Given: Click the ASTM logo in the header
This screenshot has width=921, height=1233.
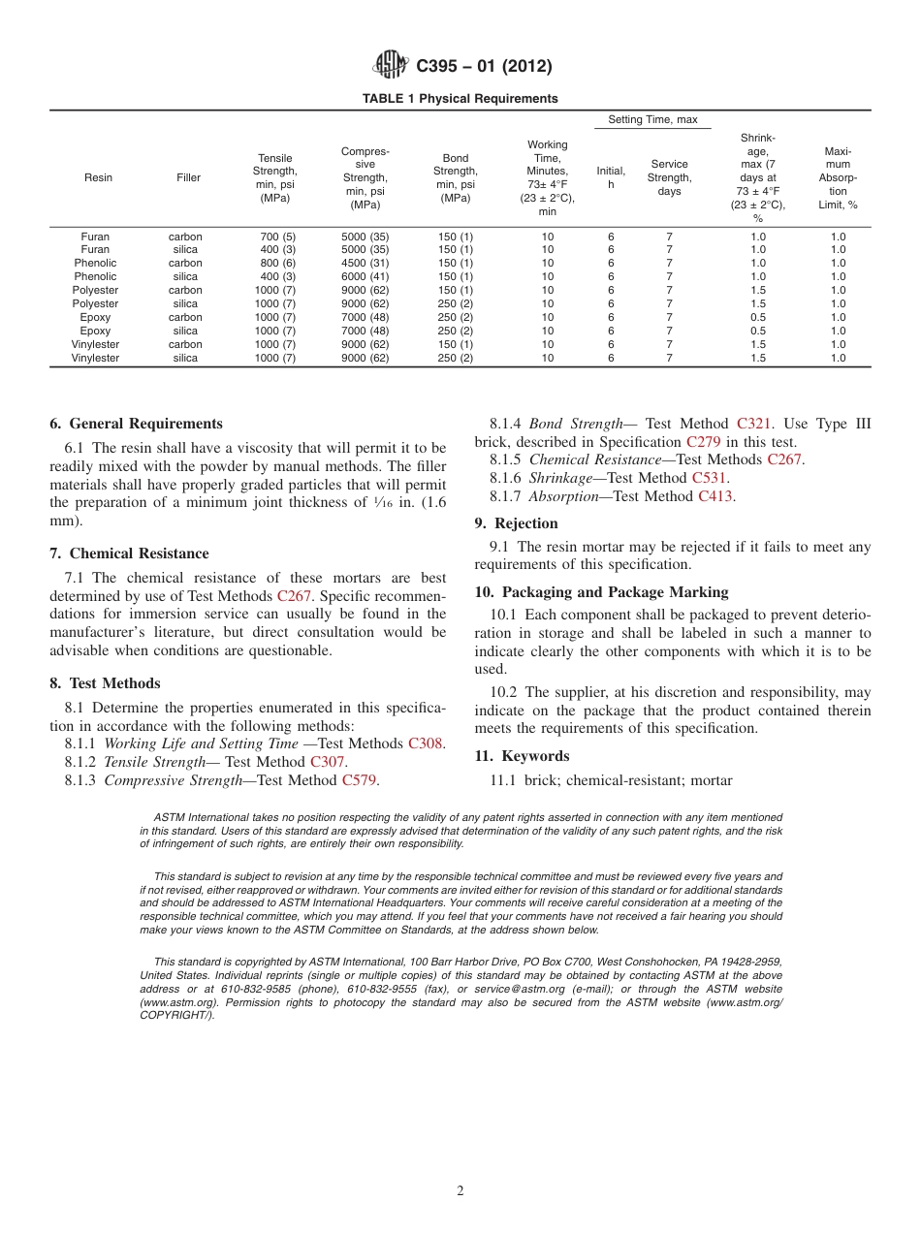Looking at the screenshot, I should (391, 66).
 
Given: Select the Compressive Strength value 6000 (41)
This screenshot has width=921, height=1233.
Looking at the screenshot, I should (365, 276).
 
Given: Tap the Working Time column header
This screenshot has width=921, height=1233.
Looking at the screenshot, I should (547, 178).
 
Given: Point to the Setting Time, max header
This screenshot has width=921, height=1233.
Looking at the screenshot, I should (652, 119).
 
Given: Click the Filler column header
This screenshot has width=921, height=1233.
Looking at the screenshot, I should (188, 178).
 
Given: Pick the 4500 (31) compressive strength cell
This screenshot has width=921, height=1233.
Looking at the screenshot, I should (365, 263).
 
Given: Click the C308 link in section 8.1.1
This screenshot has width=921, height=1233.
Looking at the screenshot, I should (426, 743).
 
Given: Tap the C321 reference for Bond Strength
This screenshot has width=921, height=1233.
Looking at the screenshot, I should (753, 424).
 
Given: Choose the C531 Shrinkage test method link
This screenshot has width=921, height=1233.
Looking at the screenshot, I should (709, 478).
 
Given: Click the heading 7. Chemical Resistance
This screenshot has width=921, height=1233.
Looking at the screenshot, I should (129, 553).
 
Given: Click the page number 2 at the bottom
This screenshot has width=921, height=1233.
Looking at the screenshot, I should (460, 1191).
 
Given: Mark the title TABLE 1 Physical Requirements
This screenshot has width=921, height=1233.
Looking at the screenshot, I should (460, 99).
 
